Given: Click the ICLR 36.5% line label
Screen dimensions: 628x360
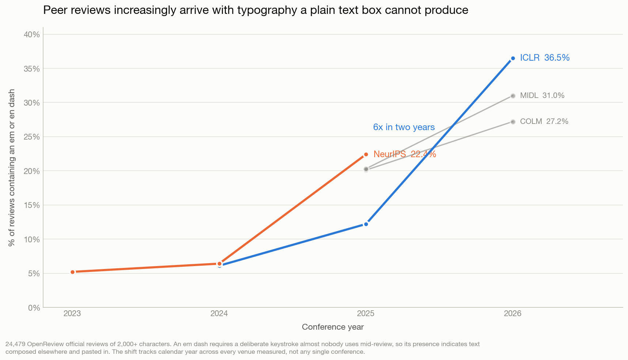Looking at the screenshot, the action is (545, 58).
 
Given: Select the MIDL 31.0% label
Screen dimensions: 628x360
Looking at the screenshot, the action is (542, 95).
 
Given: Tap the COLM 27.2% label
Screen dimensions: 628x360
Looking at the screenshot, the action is (544, 121).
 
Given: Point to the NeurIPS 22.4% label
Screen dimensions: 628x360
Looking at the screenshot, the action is (405, 154).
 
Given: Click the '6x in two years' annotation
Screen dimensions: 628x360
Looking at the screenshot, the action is (404, 127).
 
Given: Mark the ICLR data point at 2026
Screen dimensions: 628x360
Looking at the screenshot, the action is (513, 58).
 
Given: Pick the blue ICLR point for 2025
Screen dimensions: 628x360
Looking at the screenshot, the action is (366, 224).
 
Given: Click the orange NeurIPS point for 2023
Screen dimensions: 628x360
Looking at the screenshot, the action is (72, 272).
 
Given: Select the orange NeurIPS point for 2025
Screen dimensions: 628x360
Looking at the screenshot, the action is (366, 155).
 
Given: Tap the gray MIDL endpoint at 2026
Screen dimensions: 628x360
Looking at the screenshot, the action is (513, 96).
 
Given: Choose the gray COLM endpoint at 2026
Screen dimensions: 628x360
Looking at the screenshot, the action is (513, 122).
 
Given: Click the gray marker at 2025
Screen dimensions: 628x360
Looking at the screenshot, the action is (366, 169).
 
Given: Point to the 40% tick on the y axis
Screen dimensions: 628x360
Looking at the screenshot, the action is (32, 34).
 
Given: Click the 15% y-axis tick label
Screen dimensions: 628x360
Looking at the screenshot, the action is (32, 205).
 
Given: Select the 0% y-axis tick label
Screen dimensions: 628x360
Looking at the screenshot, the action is (34, 308).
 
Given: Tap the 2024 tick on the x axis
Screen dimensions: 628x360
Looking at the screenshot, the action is (219, 313).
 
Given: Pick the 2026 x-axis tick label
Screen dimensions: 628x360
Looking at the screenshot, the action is (513, 313).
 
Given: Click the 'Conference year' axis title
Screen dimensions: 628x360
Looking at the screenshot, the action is (333, 327).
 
